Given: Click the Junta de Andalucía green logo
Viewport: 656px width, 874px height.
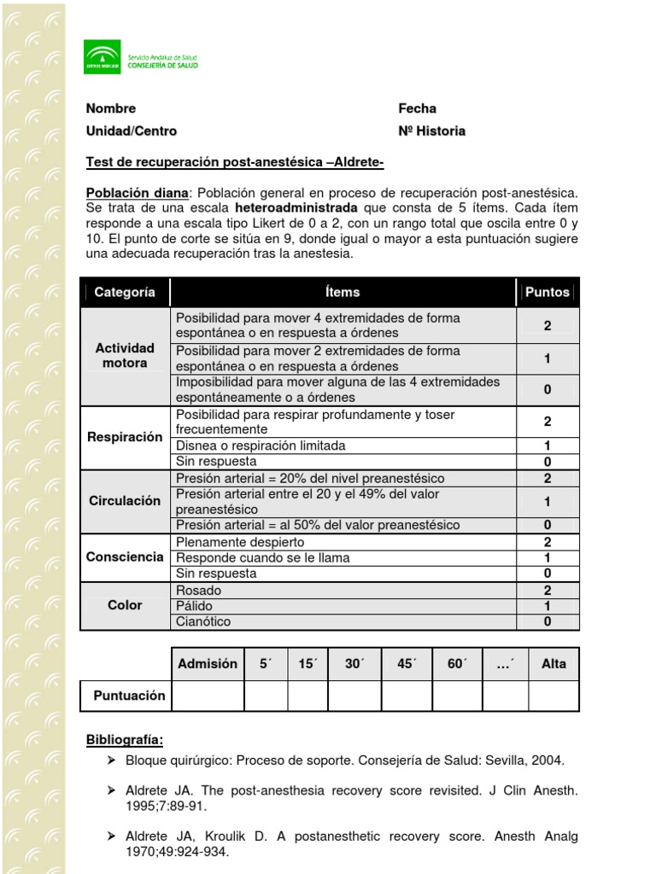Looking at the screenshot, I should (x=102, y=57).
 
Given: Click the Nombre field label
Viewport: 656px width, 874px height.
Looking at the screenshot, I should (x=111, y=108).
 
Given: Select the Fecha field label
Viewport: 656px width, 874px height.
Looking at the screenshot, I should (x=417, y=108).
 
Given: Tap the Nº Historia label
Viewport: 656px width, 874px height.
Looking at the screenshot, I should (x=431, y=131).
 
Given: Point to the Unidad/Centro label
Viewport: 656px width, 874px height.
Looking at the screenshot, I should (x=132, y=131).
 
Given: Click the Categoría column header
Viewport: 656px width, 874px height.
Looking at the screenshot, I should (x=125, y=292).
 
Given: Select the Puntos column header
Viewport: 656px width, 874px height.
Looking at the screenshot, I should (x=547, y=292).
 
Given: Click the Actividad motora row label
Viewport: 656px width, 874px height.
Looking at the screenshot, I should (x=125, y=355).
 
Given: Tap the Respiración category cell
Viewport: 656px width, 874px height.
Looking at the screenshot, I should (x=125, y=437).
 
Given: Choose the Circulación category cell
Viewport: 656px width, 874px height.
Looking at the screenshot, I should (x=125, y=501).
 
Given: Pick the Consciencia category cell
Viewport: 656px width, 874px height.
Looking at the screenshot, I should (x=125, y=556).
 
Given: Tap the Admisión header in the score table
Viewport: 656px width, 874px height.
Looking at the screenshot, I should (x=208, y=663).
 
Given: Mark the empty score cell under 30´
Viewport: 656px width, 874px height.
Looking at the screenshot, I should (x=354, y=696).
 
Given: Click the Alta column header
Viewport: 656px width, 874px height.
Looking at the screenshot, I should (x=553, y=663).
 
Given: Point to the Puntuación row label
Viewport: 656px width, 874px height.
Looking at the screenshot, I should (x=129, y=696).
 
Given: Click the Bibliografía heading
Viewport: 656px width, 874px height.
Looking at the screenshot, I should (x=125, y=738).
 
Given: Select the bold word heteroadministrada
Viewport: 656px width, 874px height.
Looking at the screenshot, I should (x=296, y=207).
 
